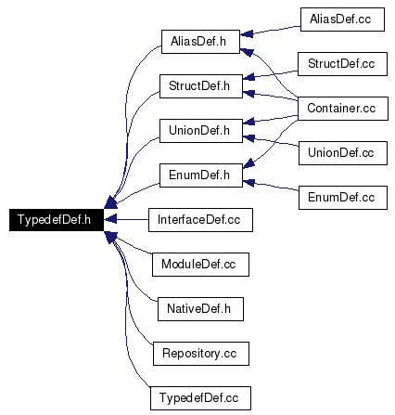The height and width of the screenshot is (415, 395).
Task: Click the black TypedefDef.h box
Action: (57, 220)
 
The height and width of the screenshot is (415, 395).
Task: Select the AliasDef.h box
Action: (200, 42)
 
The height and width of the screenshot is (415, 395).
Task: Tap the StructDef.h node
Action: (201, 86)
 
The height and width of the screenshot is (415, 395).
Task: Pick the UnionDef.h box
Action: (201, 131)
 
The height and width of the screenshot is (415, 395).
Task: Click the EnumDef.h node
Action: (201, 175)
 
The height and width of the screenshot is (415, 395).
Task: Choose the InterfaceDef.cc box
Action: (200, 220)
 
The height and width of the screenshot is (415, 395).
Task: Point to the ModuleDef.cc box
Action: (200, 265)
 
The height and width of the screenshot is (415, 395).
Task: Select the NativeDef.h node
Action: (200, 309)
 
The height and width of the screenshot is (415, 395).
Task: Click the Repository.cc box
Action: (201, 354)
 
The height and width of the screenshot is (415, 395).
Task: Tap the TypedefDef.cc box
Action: (200, 398)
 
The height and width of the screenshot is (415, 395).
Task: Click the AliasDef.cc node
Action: (342, 19)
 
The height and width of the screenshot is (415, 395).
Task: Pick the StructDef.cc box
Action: (342, 64)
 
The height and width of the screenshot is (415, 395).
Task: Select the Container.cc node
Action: (343, 109)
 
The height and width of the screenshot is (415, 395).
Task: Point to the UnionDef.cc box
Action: (343, 153)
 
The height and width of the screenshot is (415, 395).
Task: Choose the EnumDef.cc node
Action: (343, 198)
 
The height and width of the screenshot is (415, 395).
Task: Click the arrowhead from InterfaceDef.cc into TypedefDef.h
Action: (110, 219)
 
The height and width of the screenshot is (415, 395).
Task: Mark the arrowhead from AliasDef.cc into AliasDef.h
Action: (247, 33)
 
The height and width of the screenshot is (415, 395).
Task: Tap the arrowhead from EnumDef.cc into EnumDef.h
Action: (248, 183)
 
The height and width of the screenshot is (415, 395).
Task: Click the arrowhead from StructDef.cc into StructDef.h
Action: (248, 76)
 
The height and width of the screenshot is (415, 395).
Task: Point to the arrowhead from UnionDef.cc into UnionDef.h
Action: (248, 138)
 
